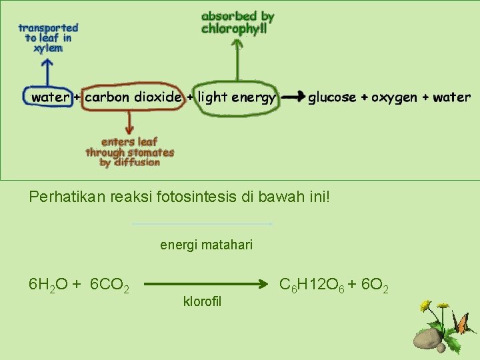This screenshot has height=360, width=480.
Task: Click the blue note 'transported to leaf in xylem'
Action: (48, 38)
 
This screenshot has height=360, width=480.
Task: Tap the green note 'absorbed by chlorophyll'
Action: (237, 22)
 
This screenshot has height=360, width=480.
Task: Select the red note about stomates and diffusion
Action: (130, 152)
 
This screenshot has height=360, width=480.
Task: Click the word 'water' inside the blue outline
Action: (51, 97)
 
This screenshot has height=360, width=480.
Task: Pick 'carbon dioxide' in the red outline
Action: (133, 97)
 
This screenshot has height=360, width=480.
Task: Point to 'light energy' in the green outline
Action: (237, 97)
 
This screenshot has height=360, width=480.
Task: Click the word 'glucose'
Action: (331, 97)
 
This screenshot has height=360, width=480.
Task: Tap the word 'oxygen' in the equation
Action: (394, 97)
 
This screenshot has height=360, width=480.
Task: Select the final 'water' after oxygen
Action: (451, 97)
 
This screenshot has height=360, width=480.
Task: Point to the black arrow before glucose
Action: (292, 97)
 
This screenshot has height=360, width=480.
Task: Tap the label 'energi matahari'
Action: (206, 245)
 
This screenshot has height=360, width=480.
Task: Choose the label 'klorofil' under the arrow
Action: (201, 301)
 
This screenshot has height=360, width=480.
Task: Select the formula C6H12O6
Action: (310, 286)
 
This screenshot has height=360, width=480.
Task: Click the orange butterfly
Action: (461, 325)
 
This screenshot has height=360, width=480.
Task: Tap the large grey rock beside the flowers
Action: (427, 340)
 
